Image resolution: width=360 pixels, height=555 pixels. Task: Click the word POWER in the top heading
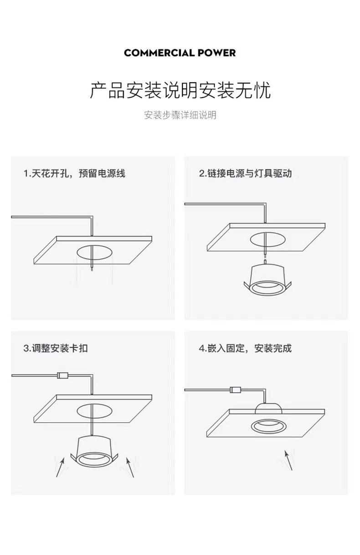click(x=216, y=53)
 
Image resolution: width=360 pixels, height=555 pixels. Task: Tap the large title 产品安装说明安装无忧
click(x=180, y=90)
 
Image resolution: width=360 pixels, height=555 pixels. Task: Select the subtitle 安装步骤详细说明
click(x=180, y=115)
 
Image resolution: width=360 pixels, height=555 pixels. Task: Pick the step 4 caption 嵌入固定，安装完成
click(x=245, y=348)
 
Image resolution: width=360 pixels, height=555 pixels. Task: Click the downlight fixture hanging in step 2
click(x=267, y=279)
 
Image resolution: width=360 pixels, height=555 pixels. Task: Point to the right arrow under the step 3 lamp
click(x=129, y=467)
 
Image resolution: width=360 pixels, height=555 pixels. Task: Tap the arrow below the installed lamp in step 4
click(x=288, y=460)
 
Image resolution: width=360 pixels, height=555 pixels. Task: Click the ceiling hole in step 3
click(x=94, y=410)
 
